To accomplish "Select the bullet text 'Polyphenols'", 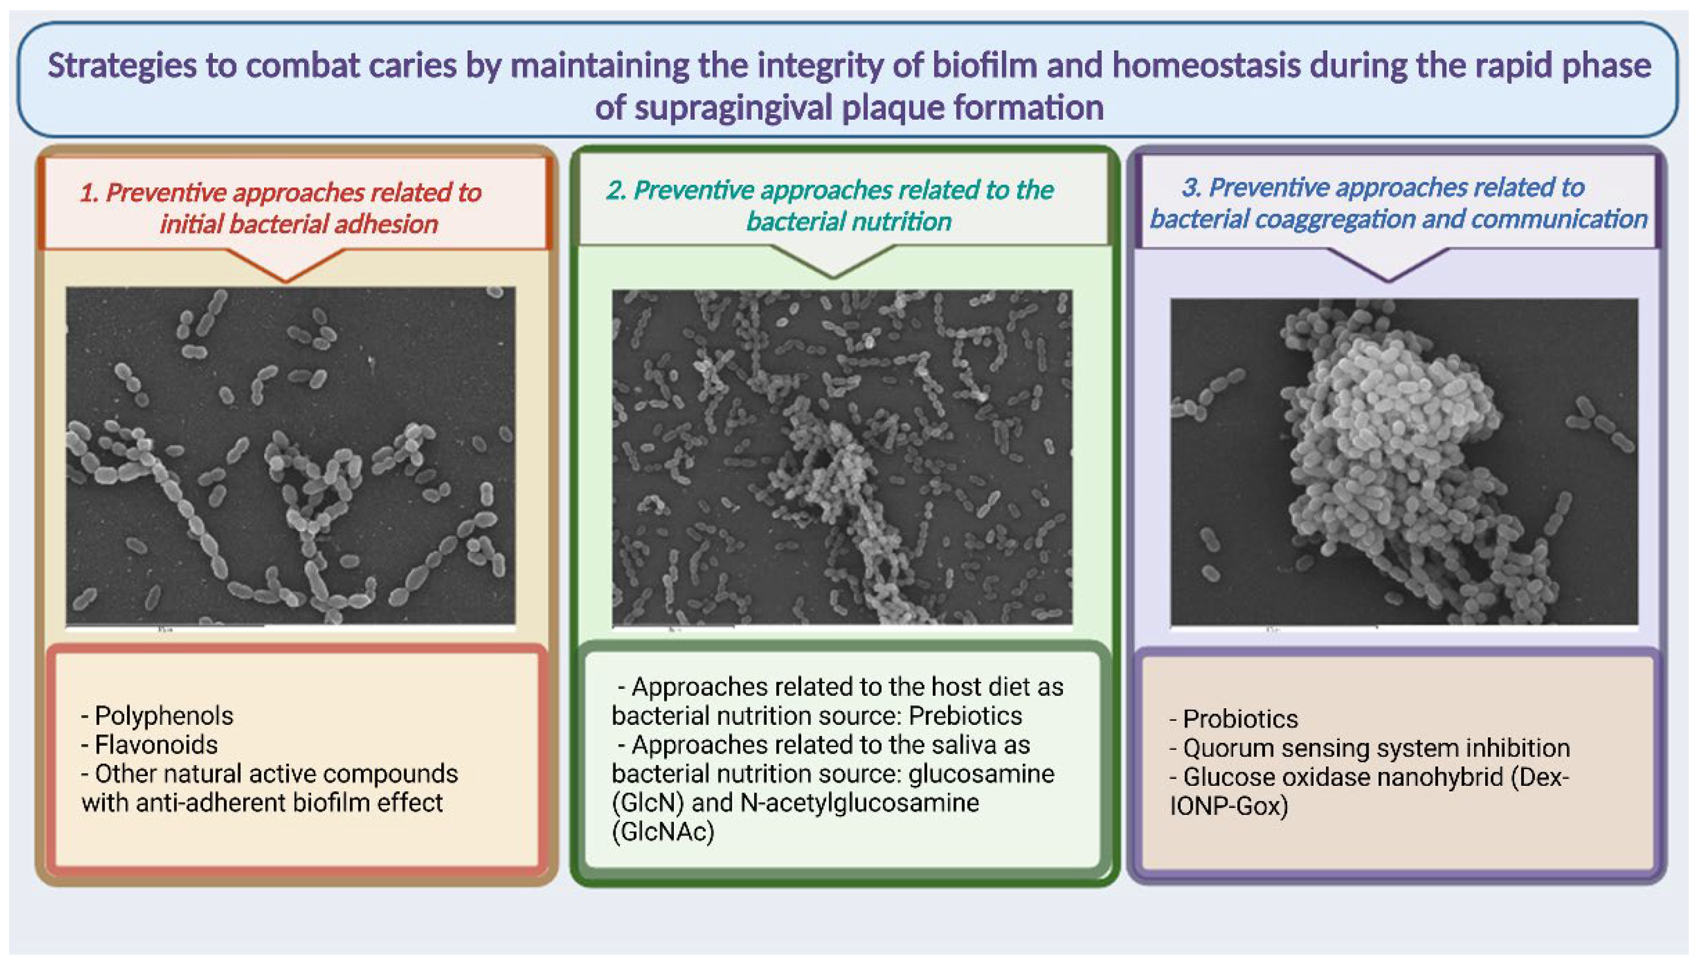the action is click(164, 716).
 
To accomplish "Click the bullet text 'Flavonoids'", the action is click(156, 745).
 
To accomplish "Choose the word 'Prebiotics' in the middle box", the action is click(965, 716).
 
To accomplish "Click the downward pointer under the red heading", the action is click(286, 265).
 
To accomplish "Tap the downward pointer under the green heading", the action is click(833, 262).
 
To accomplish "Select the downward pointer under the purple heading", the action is click(1388, 265).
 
